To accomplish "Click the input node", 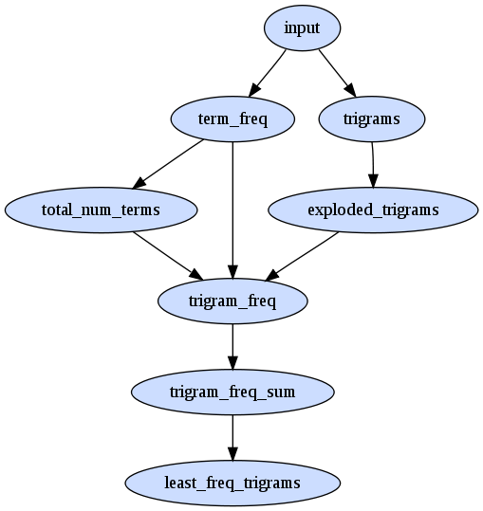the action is coord(303,28).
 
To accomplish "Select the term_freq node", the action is coord(232,119).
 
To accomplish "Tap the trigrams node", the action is coord(372,119).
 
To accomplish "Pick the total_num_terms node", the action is coord(102,210).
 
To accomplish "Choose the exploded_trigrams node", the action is coord(373,210).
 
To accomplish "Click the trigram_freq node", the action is coord(232,301).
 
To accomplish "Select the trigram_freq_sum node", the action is coord(232,392).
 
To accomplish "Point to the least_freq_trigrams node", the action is coord(232,483).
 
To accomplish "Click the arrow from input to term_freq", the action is coord(267,73).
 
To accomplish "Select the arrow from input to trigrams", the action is coord(337,73).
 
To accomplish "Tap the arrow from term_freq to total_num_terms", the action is coord(168,164).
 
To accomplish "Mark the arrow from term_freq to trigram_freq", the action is coord(232,210).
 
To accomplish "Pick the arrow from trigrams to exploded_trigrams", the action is coord(373,165).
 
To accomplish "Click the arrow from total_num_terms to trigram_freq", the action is coord(168,256).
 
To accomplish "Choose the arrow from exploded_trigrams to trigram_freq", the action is coord(302,256).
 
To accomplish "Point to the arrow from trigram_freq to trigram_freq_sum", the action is coord(232,346).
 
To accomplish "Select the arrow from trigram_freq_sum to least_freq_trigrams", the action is coord(232,437).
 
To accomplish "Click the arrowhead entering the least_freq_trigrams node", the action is coord(232,454).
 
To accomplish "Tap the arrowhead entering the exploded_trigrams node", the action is coord(373,181).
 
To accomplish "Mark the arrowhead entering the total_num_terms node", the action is coord(139,183).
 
